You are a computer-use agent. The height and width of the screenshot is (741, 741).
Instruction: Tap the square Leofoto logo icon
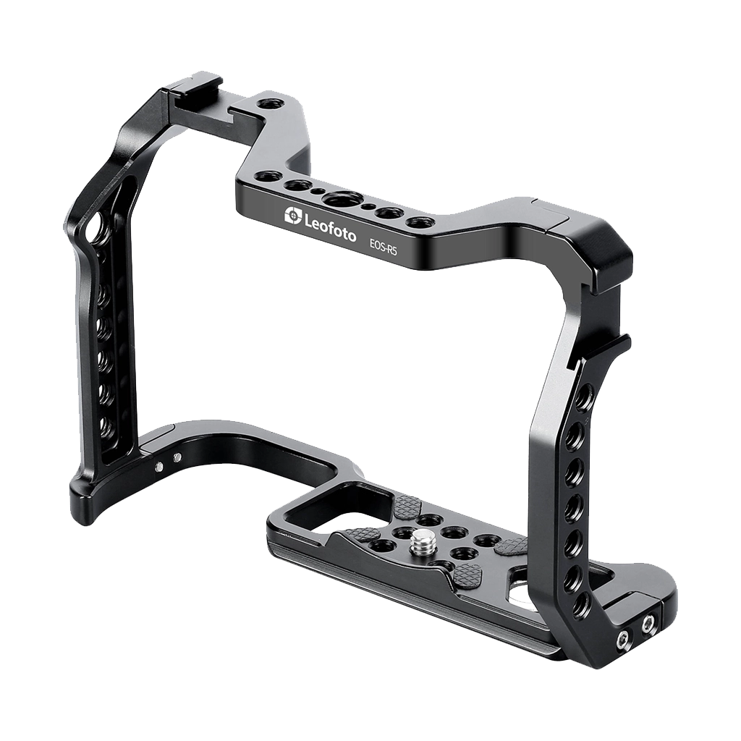click(292, 216)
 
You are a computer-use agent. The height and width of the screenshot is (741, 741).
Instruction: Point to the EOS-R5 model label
click(382, 246)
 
